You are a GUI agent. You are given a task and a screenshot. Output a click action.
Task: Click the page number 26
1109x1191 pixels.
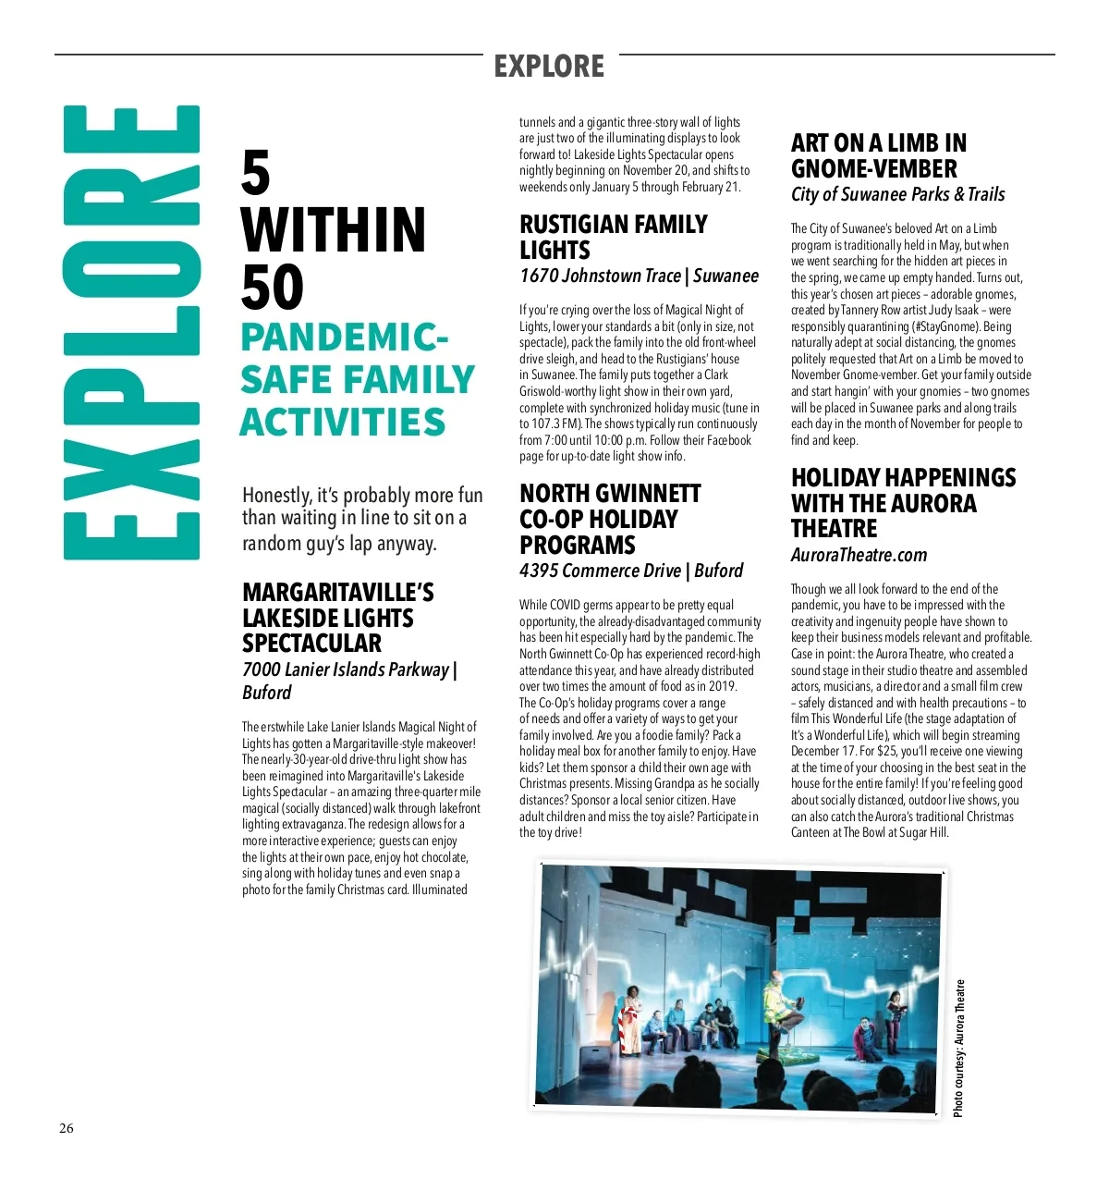point(67,1128)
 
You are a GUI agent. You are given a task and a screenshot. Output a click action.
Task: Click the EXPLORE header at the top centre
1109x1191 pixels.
point(549,67)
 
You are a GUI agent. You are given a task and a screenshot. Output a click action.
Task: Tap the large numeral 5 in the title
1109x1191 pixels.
point(256,174)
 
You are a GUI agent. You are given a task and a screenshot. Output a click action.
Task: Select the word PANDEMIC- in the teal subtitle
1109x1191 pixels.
point(344,338)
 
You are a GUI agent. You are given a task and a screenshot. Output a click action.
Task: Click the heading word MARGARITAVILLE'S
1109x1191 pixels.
point(338,593)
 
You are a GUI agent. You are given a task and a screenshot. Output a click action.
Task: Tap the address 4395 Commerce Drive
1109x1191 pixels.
point(600,571)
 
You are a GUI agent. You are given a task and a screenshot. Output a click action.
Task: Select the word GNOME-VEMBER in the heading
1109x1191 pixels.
point(874,169)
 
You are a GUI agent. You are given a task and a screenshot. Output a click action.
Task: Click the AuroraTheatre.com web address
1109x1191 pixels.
point(859,555)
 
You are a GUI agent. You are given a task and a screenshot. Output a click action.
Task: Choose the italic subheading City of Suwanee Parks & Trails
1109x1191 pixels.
point(897,194)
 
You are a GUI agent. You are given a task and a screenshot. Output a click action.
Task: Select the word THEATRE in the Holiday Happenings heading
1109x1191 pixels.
point(834,529)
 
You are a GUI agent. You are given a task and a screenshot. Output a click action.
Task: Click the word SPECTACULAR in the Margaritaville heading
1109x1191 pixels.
point(311,644)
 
